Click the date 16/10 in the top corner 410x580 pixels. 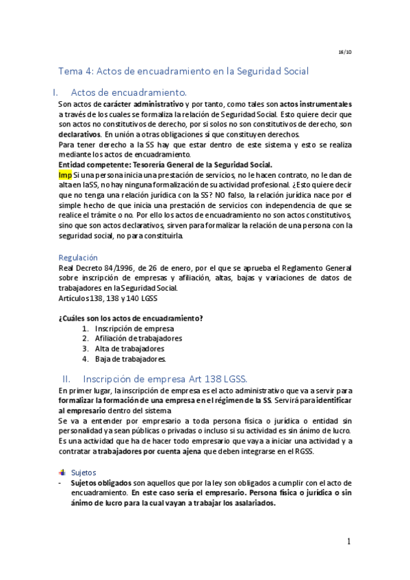[345, 52]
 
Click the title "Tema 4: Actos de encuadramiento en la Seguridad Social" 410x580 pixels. [183, 70]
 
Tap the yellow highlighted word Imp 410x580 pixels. [65, 174]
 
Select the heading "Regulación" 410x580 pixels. [78, 257]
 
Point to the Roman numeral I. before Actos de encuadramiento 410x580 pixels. [55, 92]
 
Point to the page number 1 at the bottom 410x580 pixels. [348, 541]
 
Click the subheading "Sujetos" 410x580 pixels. [84, 472]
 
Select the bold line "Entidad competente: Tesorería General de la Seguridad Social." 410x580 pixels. [165, 165]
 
